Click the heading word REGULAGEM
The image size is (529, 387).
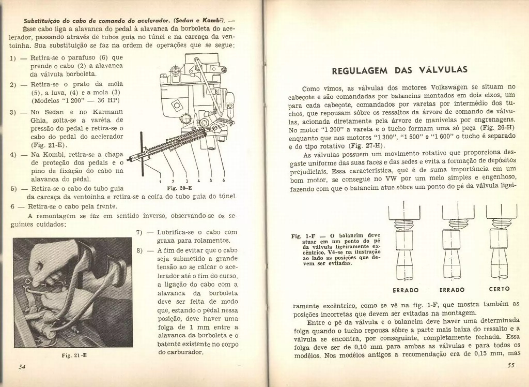pos(360,71)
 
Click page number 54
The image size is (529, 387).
pos(22,367)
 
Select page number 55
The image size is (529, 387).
pos(511,365)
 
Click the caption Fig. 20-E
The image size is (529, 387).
pos(180,188)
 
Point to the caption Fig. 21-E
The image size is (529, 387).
pos(74,355)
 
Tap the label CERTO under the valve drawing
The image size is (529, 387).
pos(499,289)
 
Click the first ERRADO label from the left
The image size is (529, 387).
pos(406,290)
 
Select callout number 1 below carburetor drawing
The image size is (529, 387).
pos(160,181)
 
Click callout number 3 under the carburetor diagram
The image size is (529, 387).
pos(187,181)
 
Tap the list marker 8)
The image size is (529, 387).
pos(139,251)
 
